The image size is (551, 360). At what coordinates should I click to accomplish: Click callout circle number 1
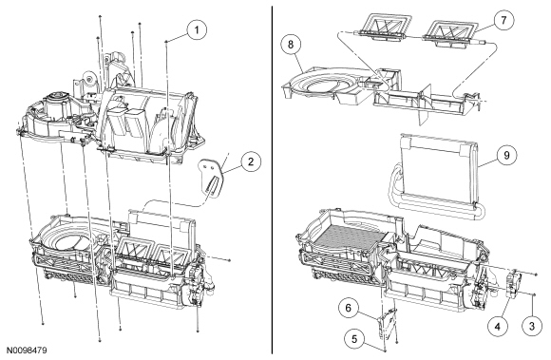click(x=197, y=29)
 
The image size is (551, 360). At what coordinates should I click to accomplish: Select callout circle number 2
click(x=251, y=161)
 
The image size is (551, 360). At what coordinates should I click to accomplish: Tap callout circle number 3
click(x=532, y=326)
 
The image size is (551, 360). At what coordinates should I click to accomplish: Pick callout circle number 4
click(x=498, y=327)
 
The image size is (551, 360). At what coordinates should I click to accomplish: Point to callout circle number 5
click(x=354, y=339)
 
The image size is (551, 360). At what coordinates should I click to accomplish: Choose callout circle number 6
click(x=349, y=308)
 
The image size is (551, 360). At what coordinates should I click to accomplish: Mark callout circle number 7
click(x=503, y=20)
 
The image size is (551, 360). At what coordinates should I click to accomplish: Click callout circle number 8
click(x=291, y=45)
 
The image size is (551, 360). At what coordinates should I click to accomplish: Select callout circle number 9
click(x=506, y=155)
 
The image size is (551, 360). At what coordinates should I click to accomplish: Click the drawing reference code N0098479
click(x=27, y=351)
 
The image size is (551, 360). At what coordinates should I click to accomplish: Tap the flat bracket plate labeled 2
click(x=212, y=177)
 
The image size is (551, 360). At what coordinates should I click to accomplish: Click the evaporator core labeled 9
click(x=439, y=176)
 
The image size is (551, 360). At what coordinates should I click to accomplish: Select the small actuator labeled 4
click(x=514, y=283)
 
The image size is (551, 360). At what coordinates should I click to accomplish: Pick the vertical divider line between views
click(x=273, y=180)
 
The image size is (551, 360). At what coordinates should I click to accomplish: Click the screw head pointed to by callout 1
click(x=165, y=42)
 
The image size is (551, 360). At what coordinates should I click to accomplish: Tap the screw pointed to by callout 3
click(x=534, y=295)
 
